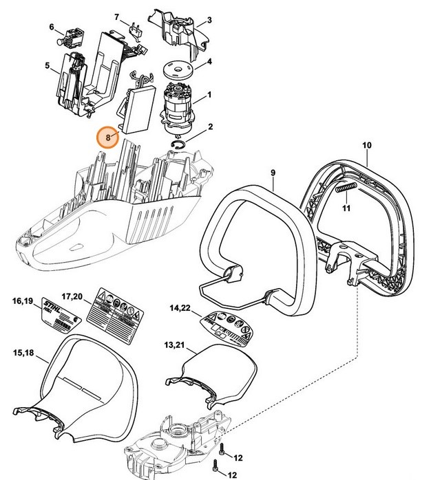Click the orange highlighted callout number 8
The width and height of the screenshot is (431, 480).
tap(107, 136)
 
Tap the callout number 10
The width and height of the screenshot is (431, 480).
tap(366, 145)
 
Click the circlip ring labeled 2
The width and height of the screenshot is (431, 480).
tap(179, 142)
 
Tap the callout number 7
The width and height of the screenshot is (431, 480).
tap(116, 17)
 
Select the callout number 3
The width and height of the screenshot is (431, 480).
tap(209, 21)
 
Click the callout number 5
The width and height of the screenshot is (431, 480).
tap(48, 66)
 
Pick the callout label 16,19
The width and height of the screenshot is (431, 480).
tap(23, 301)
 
